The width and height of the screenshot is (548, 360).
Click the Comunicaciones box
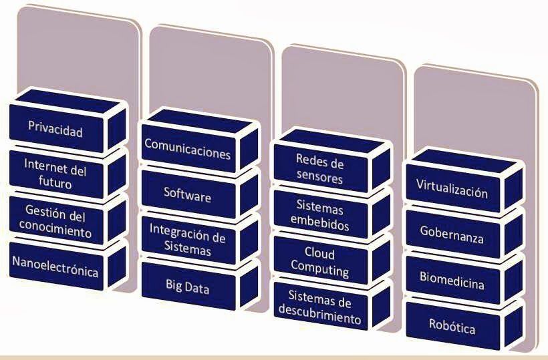click(x=188, y=152)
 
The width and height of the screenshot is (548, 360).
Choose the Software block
click(x=188, y=196)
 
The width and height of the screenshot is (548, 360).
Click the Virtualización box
click(x=452, y=192)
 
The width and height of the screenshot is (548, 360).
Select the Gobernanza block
click(x=452, y=236)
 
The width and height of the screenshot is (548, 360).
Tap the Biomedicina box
click(x=452, y=283)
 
